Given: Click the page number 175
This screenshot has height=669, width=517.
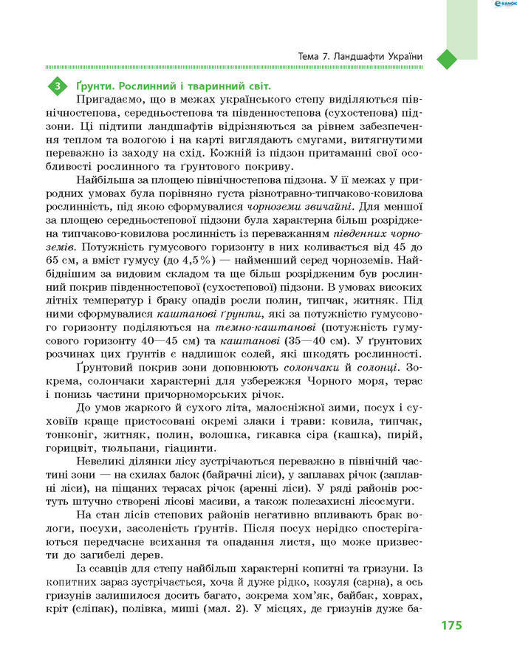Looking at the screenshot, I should (x=451, y=625).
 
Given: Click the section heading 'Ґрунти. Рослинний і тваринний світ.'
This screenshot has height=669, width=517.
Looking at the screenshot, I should (x=163, y=86).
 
